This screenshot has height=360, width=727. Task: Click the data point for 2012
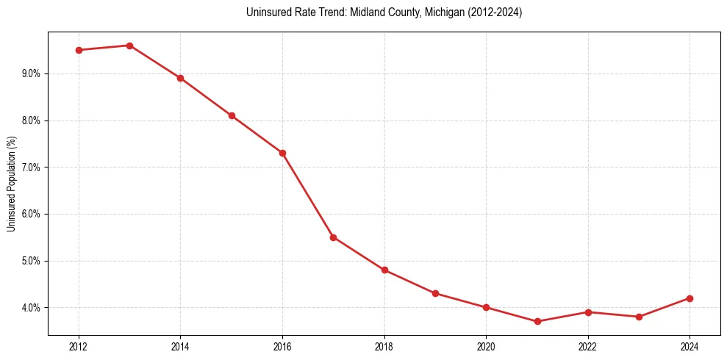[79, 50]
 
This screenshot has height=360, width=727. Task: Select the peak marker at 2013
[129, 46]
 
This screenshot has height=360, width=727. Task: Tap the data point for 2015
[232, 115]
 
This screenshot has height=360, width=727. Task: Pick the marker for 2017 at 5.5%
[333, 237]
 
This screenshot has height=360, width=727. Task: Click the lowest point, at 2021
[537, 321]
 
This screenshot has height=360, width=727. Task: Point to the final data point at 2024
[690, 298]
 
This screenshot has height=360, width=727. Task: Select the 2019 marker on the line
[435, 293]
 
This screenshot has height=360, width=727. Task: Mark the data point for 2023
[639, 317]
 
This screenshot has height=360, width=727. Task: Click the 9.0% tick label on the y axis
[31, 73]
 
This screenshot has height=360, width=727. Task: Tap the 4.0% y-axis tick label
[31, 308]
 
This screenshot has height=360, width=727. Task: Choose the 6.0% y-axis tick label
[31, 214]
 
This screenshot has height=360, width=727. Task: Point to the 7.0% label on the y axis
[31, 168]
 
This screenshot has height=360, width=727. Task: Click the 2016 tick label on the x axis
[282, 347]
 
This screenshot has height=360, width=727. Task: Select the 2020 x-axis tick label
[486, 347]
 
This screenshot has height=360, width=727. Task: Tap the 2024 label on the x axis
[690, 347]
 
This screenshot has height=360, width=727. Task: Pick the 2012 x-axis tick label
[79, 347]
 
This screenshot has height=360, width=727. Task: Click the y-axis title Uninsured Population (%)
[11, 184]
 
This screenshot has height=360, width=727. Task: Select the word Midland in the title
[367, 12]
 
